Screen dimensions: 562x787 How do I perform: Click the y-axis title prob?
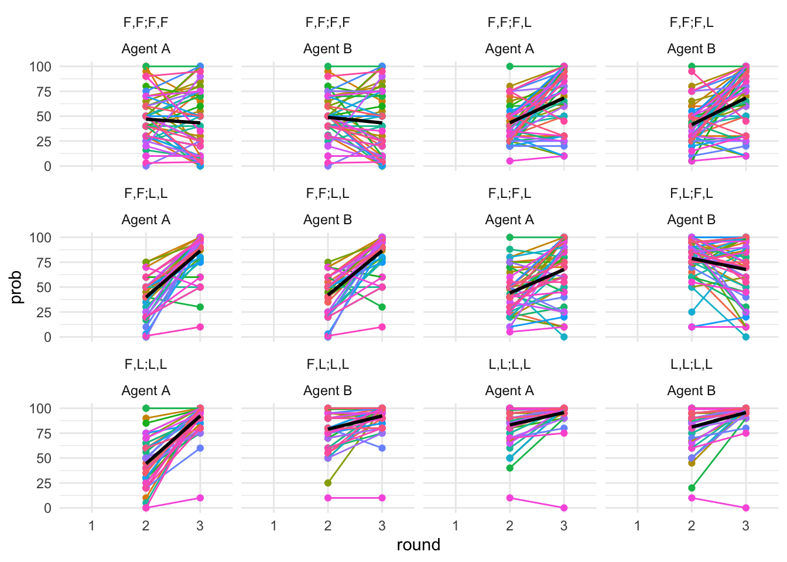tap(16, 287)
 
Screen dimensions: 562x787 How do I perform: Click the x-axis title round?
tap(418, 545)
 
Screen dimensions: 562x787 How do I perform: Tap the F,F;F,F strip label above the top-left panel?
tap(146, 23)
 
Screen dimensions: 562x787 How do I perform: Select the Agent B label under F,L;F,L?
tap(691, 220)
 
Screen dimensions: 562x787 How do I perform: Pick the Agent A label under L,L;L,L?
tap(509, 390)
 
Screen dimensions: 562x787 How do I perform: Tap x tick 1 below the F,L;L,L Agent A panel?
tap(92, 526)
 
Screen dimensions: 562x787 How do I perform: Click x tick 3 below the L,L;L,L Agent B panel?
tap(745, 526)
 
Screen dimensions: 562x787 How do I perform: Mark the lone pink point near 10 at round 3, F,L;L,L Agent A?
tap(200, 498)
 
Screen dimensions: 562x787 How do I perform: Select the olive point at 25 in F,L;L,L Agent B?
tap(328, 483)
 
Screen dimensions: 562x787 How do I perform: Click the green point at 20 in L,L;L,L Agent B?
tap(692, 488)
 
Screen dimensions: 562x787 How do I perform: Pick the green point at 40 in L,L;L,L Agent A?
tap(510, 468)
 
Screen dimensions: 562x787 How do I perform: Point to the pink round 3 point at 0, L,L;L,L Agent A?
tap(564, 508)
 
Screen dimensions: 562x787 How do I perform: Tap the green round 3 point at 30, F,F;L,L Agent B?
tap(382, 307)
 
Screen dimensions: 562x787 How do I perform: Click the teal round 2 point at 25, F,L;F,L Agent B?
tap(692, 312)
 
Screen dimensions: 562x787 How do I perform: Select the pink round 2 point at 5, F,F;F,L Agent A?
tap(510, 161)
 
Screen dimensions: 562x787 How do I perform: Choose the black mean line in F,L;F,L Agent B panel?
tap(718, 263)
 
